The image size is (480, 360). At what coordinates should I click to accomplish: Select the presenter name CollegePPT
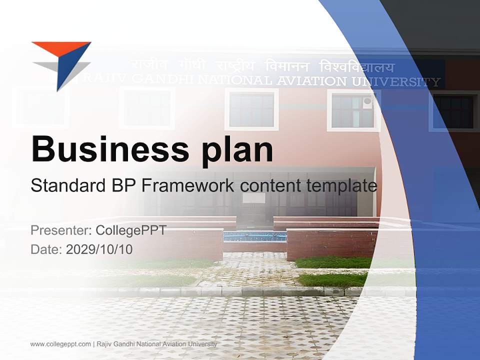131,230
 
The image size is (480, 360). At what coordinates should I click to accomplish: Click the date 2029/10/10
99,249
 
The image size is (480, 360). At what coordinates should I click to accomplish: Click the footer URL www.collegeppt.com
60,344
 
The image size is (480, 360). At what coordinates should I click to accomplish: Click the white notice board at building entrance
254,198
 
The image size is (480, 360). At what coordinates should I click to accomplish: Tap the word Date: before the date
46,249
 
